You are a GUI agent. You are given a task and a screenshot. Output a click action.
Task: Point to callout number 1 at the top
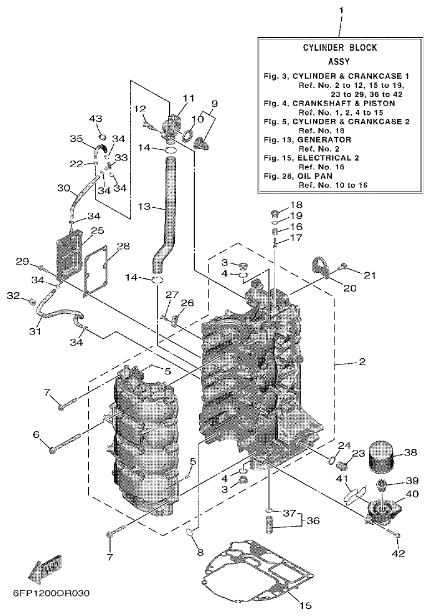[x=341, y=10]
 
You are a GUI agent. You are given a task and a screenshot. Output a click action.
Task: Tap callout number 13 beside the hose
[x=144, y=207]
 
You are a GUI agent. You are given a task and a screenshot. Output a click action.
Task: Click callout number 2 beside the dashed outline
[x=362, y=362]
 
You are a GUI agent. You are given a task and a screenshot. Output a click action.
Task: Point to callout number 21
[x=370, y=274]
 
